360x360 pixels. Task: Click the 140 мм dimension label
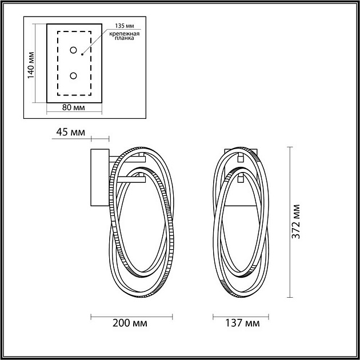(31, 63)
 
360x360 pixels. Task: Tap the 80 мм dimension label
(74, 107)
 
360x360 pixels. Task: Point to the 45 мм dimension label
(71, 133)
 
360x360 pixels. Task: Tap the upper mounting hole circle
(73, 50)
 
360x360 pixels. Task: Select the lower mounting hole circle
(73, 75)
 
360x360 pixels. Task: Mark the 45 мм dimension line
(99, 138)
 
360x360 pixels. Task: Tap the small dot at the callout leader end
(82, 55)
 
